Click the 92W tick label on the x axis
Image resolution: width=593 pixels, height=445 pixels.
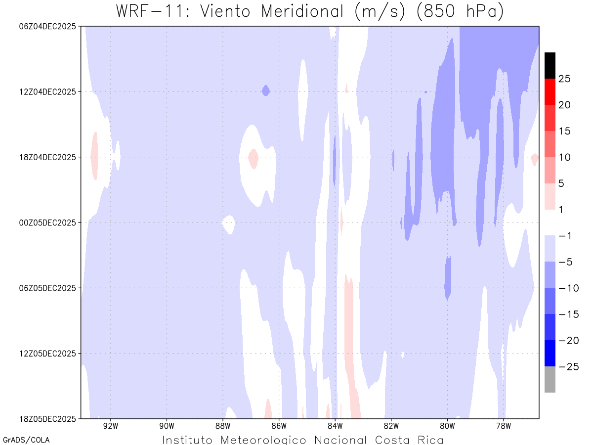coord(110,425)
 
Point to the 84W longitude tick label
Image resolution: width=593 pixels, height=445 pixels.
coord(335,425)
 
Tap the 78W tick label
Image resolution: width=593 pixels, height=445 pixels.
coord(503,425)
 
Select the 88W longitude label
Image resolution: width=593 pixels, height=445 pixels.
coord(223,425)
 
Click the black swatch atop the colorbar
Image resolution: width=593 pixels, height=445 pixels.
coord(550,65)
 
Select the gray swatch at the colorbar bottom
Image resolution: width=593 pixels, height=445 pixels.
coord(550,379)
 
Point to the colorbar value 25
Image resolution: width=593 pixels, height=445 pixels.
coord(565,79)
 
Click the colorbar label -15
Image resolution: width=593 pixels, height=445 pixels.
coord(565,314)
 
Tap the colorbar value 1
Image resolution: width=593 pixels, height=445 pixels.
coord(562,210)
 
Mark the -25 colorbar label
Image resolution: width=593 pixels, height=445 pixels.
coord(565,367)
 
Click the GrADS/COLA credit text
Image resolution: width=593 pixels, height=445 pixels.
coord(26,440)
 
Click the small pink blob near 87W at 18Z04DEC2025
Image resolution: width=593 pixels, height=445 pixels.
coord(253,158)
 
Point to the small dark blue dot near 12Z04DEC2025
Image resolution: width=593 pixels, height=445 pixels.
coord(266,90)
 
